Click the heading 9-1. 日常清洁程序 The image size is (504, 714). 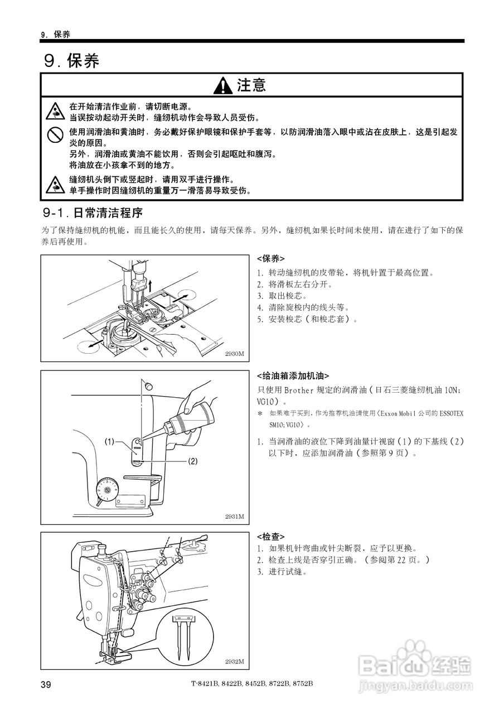(93, 213)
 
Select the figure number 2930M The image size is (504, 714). (235, 354)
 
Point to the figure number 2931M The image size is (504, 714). (235, 516)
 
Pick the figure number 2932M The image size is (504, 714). (235, 661)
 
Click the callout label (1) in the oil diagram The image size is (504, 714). (109, 442)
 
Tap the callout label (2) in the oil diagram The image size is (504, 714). (192, 461)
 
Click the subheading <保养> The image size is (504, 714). (270, 259)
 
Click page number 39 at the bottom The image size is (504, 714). (46, 684)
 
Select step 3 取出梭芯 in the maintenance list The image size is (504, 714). (281, 296)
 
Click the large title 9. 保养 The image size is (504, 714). (72, 60)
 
